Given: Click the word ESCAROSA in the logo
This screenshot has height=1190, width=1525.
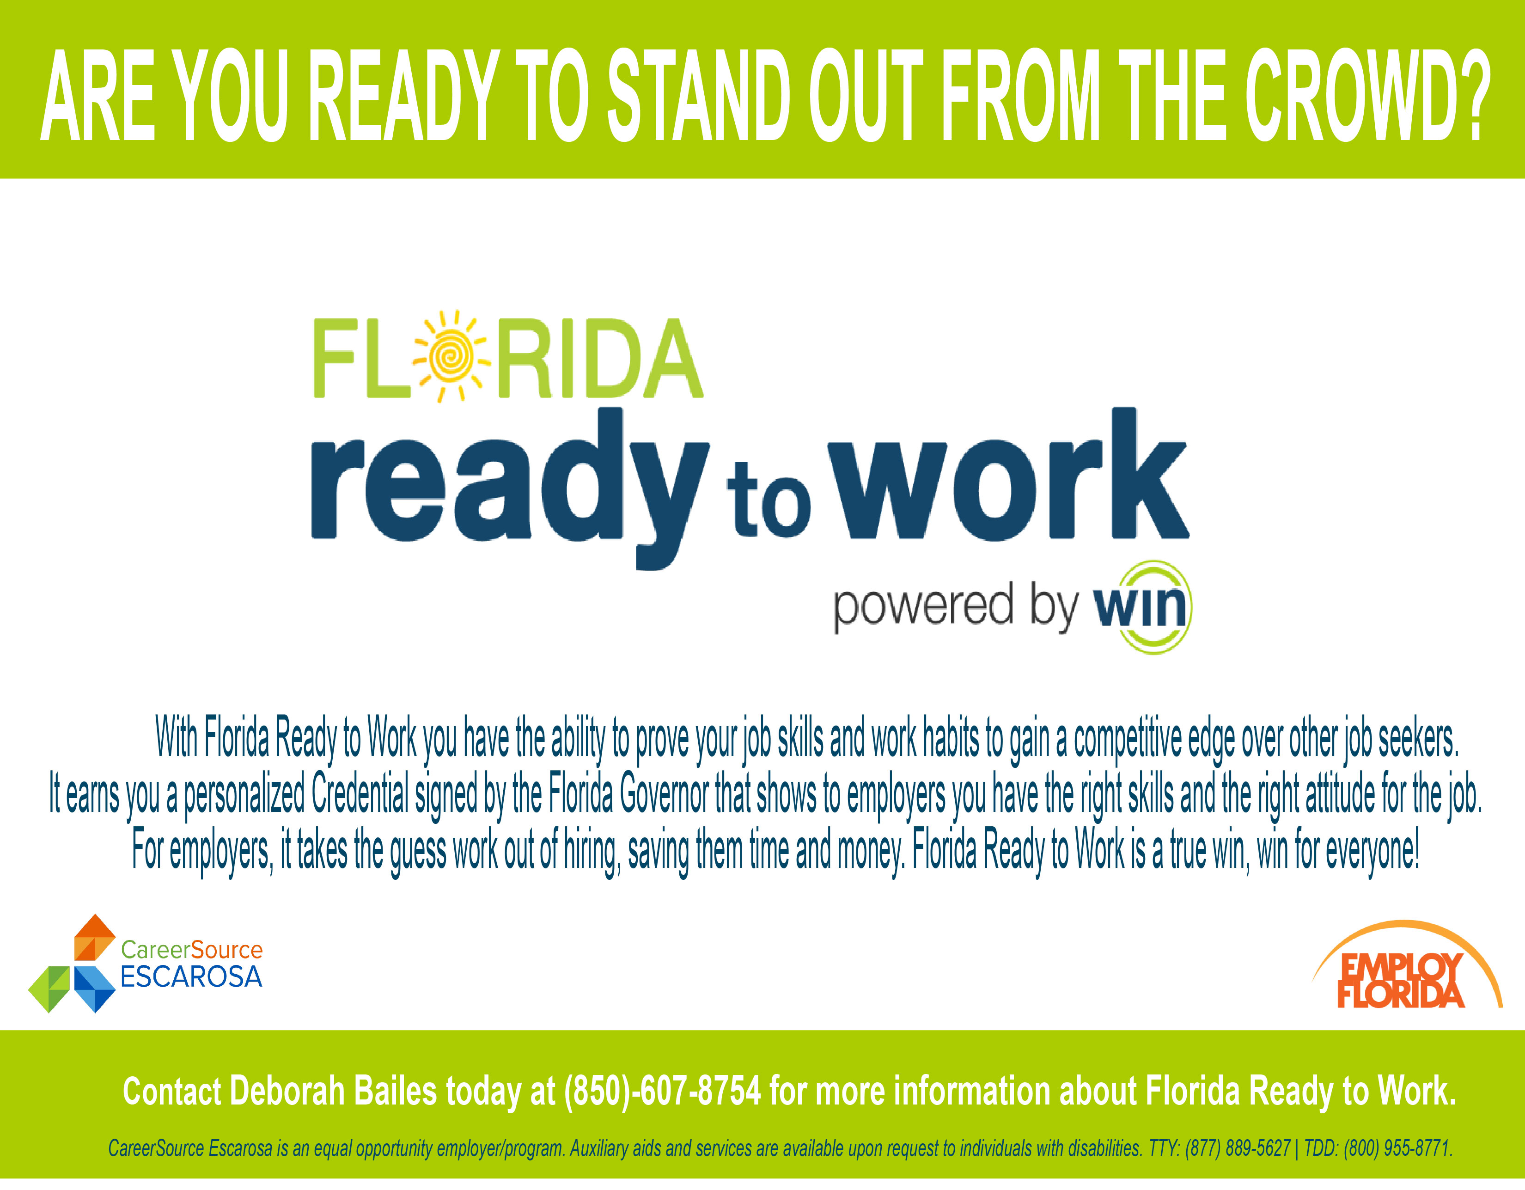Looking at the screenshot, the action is [191, 977].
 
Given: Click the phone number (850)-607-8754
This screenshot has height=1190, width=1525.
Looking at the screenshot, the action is [663, 1092].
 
